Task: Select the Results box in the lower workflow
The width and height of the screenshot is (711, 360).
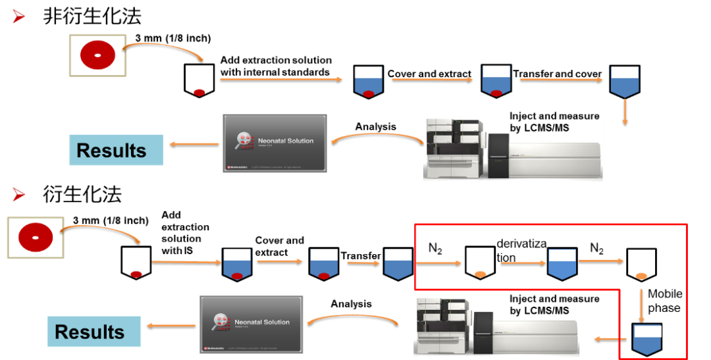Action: (x=94, y=331)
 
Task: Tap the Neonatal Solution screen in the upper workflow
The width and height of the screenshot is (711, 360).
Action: (x=275, y=143)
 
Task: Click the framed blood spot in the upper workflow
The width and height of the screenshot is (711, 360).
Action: (x=97, y=55)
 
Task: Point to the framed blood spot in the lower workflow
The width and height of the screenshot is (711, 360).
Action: (x=36, y=238)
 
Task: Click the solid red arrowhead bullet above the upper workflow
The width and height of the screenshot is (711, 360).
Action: (x=18, y=16)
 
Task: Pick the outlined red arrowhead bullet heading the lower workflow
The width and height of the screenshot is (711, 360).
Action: (x=18, y=195)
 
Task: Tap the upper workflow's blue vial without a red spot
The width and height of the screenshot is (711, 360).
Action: (x=624, y=82)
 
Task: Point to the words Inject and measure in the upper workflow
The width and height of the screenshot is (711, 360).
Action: (x=554, y=118)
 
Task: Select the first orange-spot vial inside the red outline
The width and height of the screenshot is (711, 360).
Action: (x=480, y=261)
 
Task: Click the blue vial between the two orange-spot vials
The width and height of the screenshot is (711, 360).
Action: (x=562, y=263)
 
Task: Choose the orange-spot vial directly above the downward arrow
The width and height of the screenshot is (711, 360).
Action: (x=641, y=264)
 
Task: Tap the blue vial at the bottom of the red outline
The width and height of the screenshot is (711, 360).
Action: (x=646, y=339)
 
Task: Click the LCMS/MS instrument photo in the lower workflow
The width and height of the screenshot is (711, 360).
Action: (x=496, y=327)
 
